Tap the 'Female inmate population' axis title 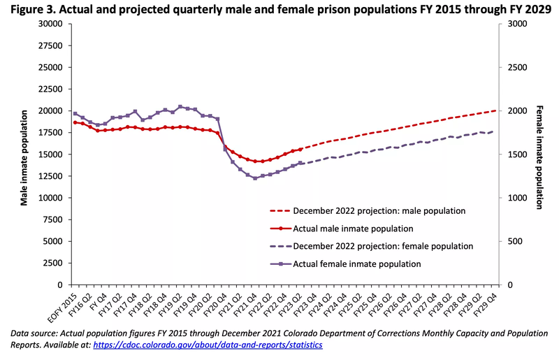click(x=539, y=157)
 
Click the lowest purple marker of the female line click(x=255, y=178)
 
